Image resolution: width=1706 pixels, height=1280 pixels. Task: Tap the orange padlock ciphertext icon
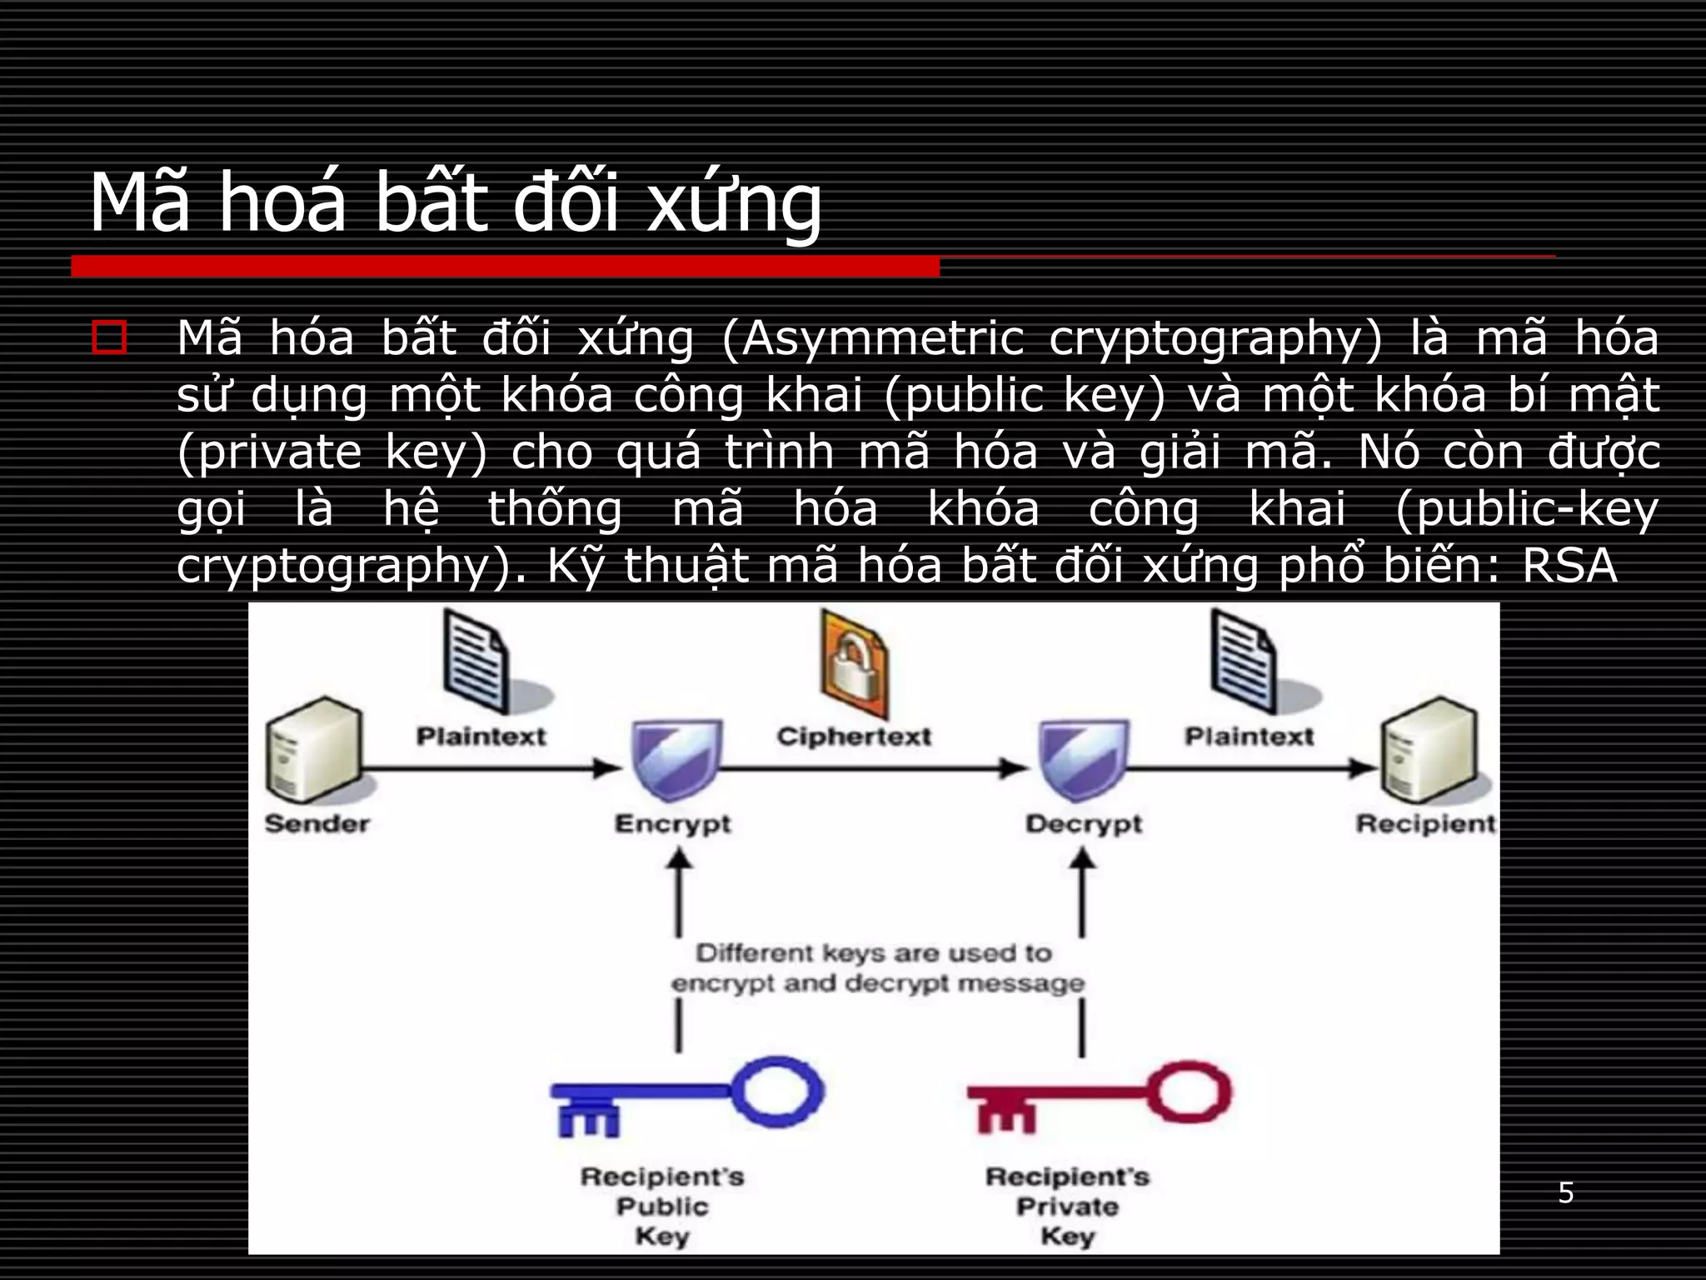(853, 663)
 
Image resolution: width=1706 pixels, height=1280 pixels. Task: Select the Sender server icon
(314, 750)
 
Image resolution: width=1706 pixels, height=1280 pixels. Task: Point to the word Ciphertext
(854, 737)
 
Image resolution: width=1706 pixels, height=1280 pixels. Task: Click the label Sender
(317, 823)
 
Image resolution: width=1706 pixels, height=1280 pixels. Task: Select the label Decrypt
(1084, 823)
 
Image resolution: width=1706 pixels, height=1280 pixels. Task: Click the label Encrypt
(673, 823)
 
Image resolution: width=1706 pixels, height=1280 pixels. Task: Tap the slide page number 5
(1566, 1193)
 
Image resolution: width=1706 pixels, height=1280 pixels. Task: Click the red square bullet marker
(109, 338)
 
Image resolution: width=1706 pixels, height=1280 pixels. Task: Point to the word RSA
(1569, 567)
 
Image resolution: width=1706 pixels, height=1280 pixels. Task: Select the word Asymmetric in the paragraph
(881, 340)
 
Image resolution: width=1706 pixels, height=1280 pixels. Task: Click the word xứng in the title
(735, 203)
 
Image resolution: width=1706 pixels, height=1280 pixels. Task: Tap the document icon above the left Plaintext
(476, 660)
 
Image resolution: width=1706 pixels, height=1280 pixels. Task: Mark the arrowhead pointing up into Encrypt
(679, 859)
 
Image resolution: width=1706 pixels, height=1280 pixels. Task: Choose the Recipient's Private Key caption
(1067, 1206)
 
